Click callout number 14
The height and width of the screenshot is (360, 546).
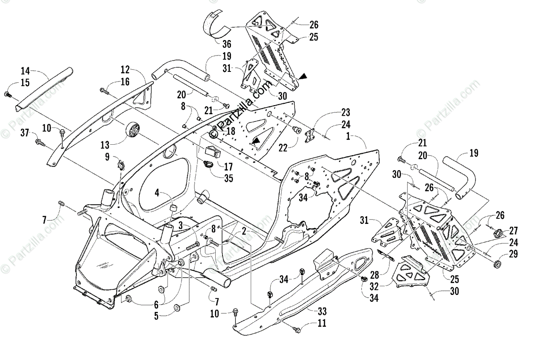tap(25, 71)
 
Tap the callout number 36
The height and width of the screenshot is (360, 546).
tap(226, 44)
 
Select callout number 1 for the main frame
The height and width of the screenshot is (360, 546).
tap(349, 136)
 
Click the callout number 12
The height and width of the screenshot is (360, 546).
tap(125, 70)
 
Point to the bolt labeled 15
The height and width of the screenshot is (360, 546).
tap(7, 94)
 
